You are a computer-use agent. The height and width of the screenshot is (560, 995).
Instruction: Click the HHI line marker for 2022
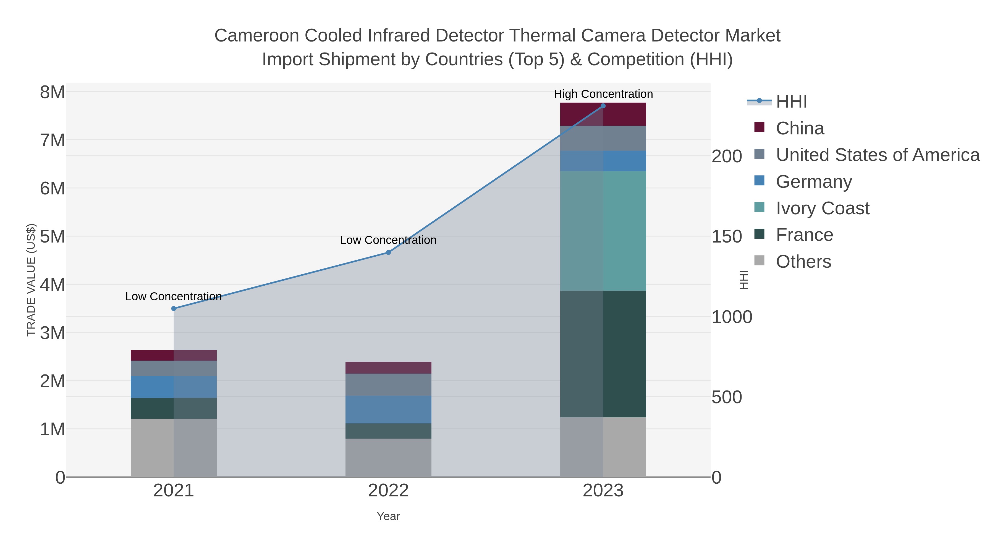point(388,252)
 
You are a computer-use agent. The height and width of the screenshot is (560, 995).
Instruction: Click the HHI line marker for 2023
point(603,106)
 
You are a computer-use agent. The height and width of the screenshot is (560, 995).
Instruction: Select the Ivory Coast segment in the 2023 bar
point(603,231)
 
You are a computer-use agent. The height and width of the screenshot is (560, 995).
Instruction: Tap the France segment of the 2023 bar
point(603,354)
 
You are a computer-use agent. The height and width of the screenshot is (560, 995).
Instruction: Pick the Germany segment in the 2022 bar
point(388,409)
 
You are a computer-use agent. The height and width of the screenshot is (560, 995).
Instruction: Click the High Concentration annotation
point(603,94)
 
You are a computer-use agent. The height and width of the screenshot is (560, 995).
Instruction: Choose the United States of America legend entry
point(877,155)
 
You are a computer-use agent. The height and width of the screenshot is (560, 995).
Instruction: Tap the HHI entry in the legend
point(791,102)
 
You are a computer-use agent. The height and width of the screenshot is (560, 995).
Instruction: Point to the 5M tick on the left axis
point(53,236)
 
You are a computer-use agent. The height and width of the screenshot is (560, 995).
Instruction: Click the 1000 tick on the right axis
point(732,317)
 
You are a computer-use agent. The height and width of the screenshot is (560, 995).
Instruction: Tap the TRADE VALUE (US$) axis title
point(31,280)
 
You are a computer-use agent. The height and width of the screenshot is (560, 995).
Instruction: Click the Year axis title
point(388,516)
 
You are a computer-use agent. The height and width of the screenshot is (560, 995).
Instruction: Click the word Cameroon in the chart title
point(256,36)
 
